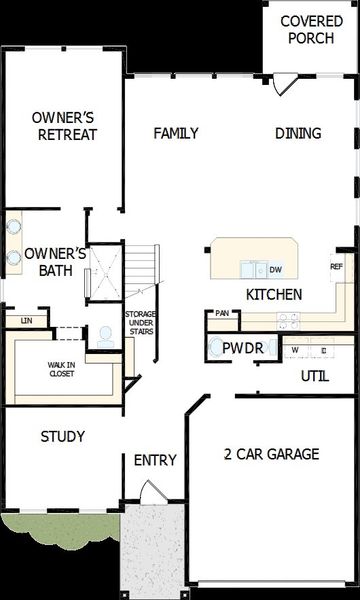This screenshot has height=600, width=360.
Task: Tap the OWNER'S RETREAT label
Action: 63,125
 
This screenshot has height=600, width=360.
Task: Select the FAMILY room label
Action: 175,133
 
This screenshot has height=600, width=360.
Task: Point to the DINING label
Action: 298,133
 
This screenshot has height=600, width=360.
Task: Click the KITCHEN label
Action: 274,294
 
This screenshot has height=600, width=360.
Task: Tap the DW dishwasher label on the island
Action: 276,270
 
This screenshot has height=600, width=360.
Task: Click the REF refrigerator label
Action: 337,267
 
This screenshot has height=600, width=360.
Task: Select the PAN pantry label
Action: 221,313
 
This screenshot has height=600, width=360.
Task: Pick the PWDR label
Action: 242,348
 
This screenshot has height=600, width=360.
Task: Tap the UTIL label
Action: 316,376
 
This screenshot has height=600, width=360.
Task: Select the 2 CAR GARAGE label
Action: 271,454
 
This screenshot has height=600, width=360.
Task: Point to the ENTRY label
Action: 155,460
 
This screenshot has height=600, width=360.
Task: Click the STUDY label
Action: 62,437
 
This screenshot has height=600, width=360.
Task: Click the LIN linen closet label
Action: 27,321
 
